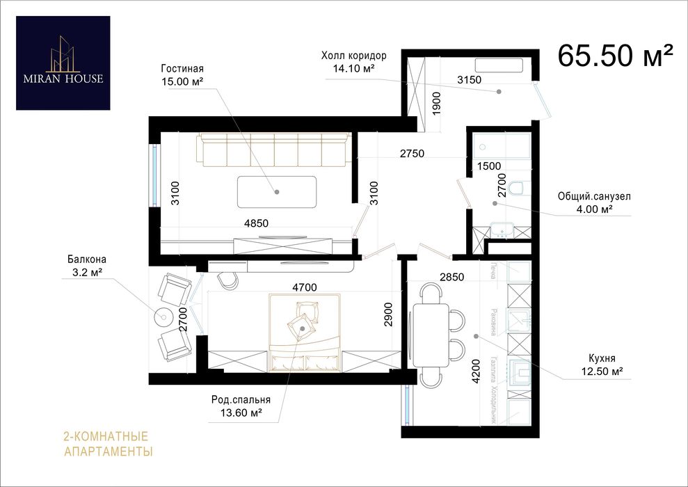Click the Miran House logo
(63, 63)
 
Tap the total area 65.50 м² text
(616, 56)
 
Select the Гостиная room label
(182, 75)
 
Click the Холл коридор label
(353, 62)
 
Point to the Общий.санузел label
(593, 202)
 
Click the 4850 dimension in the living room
(256, 223)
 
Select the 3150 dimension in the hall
(468, 79)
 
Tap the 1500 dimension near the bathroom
(488, 166)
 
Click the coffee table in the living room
(277, 191)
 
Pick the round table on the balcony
(164, 317)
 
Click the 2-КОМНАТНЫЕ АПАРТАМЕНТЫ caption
(107, 444)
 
